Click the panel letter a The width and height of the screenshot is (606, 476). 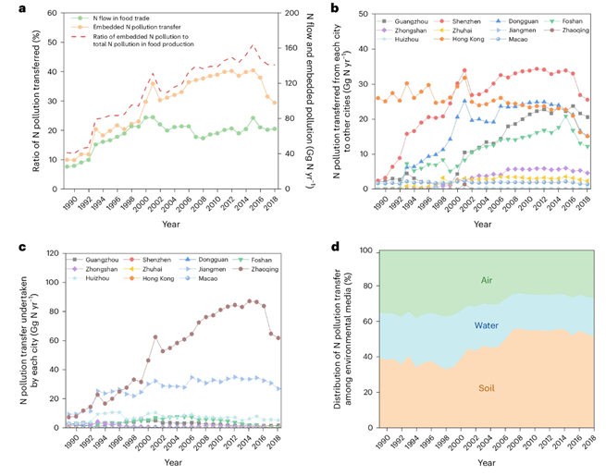[11, 8]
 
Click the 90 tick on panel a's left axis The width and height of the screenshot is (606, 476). [51, 14]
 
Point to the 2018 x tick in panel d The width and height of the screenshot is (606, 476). [589, 443]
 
